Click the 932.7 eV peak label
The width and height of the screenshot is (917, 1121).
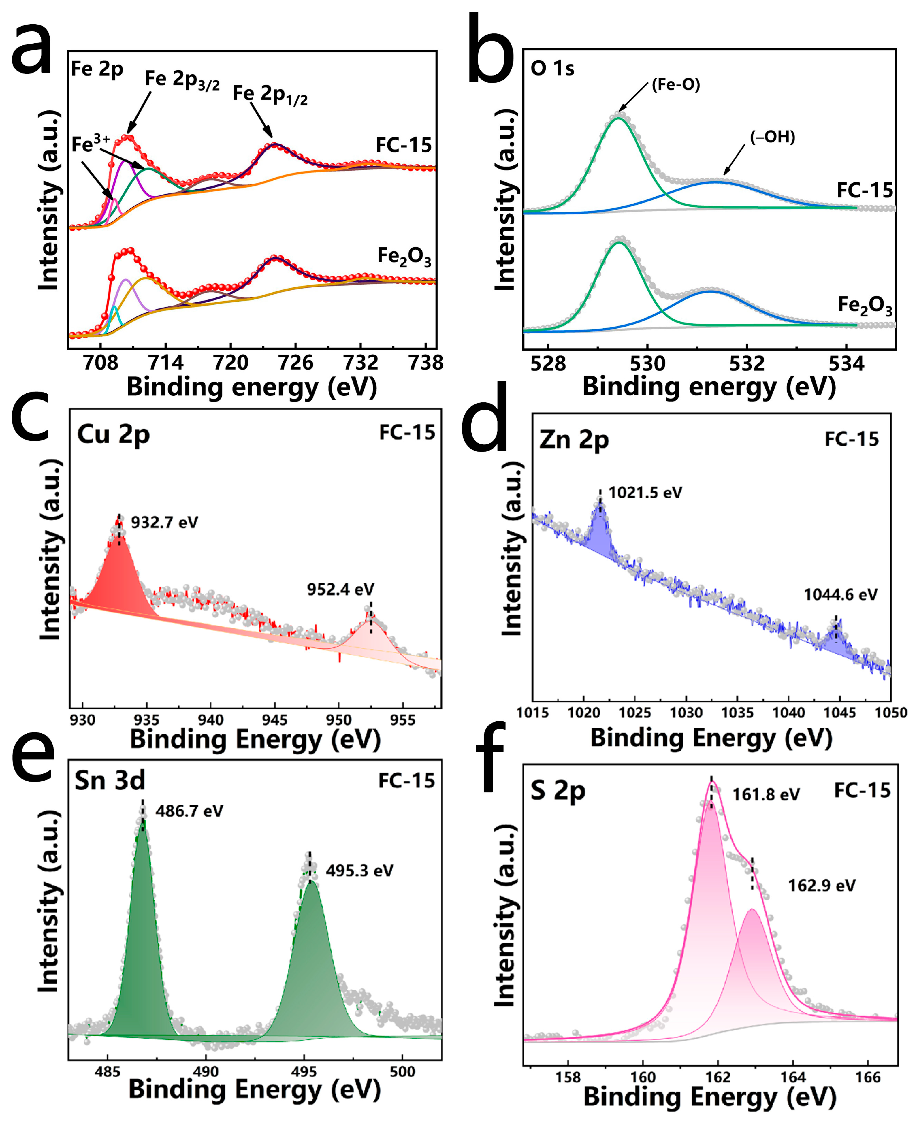pyautogui.click(x=164, y=523)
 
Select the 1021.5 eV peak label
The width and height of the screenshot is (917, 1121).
pyautogui.click(x=645, y=493)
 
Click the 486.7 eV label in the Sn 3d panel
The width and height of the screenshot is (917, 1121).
pyautogui.click(x=189, y=811)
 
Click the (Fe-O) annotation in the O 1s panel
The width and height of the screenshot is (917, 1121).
pyautogui.click(x=676, y=84)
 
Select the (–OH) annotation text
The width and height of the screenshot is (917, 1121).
pyautogui.click(x=772, y=137)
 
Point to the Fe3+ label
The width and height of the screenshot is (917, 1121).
pyautogui.click(x=90, y=144)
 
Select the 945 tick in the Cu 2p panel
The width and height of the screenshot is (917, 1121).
pyautogui.click(x=275, y=720)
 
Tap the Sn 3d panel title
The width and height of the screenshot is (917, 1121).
pyautogui.click(x=110, y=780)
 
